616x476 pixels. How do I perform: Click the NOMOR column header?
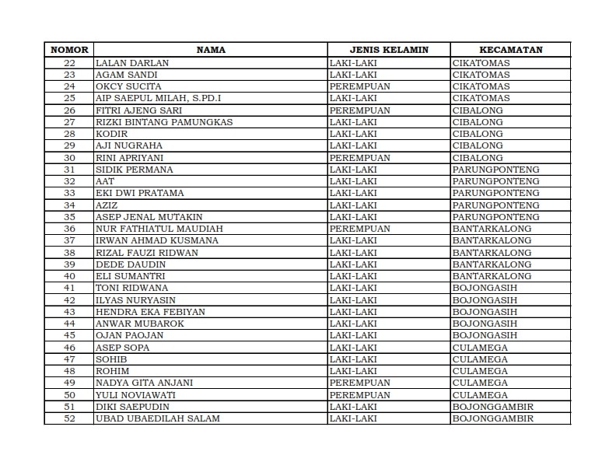pos(69,50)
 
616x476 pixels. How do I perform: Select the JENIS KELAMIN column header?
pos(389,50)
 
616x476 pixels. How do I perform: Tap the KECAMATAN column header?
pos(510,50)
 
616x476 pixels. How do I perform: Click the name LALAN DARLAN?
pos(132,62)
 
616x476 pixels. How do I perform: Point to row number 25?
pos(69,98)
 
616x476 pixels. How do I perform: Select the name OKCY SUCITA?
pos(128,86)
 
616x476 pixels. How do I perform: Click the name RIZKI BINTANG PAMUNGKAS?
pos(164,122)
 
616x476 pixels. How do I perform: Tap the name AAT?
pos(105,181)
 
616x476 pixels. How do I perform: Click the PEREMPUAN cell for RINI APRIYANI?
pos(359,157)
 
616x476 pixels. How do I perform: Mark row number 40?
pos(69,276)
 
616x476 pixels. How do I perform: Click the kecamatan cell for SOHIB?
pos(480,359)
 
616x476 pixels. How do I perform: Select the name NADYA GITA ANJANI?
pos(144,383)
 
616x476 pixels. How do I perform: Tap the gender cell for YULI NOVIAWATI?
pos(359,394)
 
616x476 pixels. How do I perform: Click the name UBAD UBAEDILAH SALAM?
pos(157,418)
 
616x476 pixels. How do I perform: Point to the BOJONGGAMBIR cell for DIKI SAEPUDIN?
pos(492,407)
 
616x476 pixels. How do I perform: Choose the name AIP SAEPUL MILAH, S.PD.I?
pos(158,98)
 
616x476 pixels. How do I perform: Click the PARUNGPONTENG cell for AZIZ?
pos(495,205)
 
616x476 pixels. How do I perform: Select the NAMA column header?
pos(211,50)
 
